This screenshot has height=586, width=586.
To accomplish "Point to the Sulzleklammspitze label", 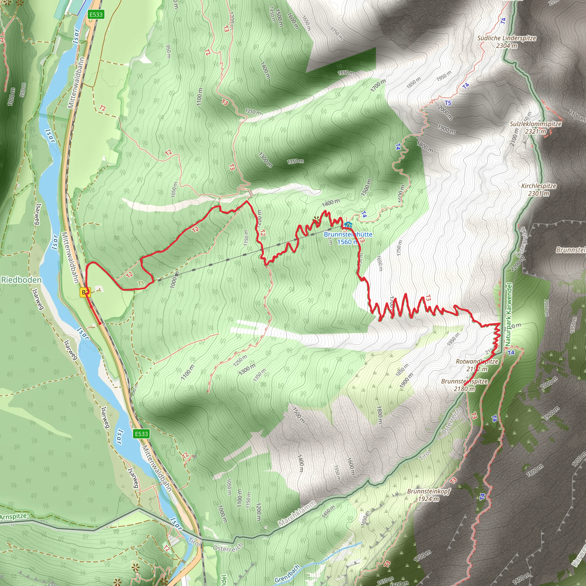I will pyautogui.click(x=535, y=128).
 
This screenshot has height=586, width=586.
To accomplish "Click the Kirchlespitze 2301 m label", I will pyautogui.click(x=539, y=190).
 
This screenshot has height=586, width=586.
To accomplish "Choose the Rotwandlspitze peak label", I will pyautogui.click(x=477, y=365).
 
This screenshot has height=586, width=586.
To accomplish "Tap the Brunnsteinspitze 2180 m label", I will pyautogui.click(x=464, y=385).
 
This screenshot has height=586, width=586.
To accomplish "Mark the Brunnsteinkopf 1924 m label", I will pyautogui.click(x=429, y=495).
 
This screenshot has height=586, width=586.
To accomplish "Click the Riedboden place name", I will pyautogui.click(x=21, y=280).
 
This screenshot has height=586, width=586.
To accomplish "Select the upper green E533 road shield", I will pyautogui.click(x=96, y=14).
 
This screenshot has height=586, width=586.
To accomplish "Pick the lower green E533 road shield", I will pyautogui.click(x=141, y=434).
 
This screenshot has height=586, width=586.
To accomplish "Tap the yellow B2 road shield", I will pyautogui.click(x=85, y=292).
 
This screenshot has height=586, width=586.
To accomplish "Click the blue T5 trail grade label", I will pyautogui.click(x=448, y=103).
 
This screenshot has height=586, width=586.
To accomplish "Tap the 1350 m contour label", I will pyautogui.click(x=295, y=161).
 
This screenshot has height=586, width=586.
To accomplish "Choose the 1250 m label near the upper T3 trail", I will pyautogui.click(x=253, y=112).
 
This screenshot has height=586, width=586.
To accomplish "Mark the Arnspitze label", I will pyautogui.click(x=13, y=516).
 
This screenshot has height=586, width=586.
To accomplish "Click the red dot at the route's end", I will pyautogui.click(x=100, y=324).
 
